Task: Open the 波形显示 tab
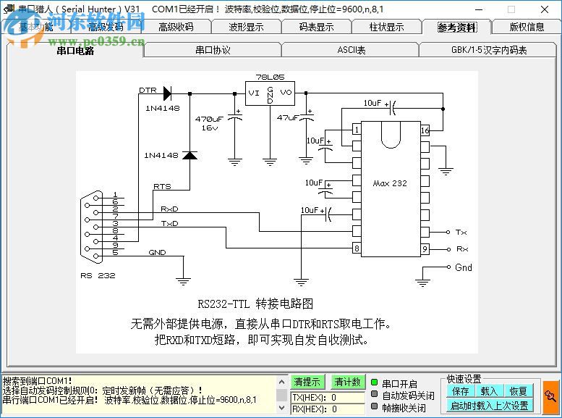[246, 28]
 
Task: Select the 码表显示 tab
[316, 28]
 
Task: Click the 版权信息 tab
[527, 28]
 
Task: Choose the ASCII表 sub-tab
[352, 50]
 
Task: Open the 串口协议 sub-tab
[213, 50]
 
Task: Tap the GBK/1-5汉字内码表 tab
[489, 50]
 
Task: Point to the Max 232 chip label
[390, 183]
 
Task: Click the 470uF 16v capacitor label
[209, 122]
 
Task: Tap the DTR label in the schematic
[148, 91]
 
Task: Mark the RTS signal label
[162, 186]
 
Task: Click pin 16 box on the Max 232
[425, 130]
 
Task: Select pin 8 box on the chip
[356, 248]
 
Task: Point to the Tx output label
[461, 232]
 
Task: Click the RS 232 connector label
[98, 275]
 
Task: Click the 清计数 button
[347, 382]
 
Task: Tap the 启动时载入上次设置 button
[490, 406]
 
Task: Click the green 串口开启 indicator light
[375, 383]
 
